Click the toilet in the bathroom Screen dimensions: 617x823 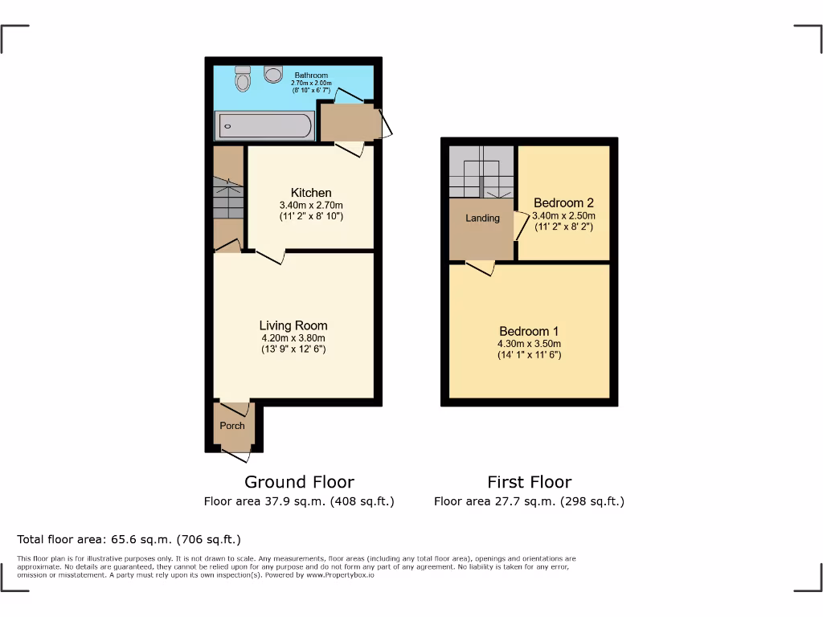tap(242, 80)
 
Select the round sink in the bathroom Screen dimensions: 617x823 tap(273, 74)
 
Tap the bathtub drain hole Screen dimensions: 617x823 tap(228, 126)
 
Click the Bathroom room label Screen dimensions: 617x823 tap(311, 76)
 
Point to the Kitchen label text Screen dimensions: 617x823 tap(311, 193)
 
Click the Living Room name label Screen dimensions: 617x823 tap(293, 325)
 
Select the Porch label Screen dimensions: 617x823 tap(232, 426)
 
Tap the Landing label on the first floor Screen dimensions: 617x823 tap(482, 218)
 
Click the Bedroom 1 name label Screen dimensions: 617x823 tap(529, 331)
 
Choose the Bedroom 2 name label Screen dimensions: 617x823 tap(563, 203)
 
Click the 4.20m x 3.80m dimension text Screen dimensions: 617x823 tap(293, 338)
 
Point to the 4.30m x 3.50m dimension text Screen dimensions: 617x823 tap(529, 344)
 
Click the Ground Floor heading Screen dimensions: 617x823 tap(299, 482)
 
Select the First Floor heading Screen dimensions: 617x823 tap(529, 482)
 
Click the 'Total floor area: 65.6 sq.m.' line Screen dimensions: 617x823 tap(129, 540)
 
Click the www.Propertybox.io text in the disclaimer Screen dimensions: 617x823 tap(340, 575)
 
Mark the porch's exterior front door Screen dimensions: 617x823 tap(235, 456)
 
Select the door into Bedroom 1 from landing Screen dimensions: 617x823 tap(480, 268)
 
